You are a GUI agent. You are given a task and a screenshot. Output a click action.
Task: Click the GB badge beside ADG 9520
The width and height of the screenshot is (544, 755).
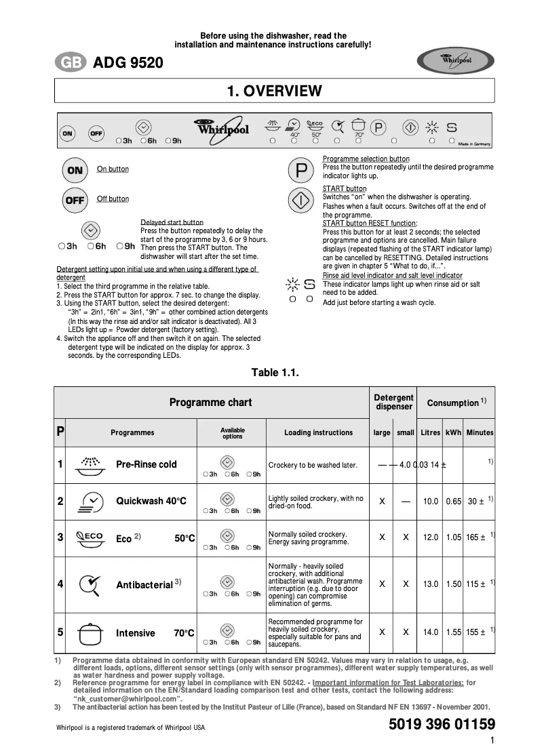click(70, 64)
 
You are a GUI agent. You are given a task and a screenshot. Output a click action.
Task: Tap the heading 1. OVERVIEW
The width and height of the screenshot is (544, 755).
click(274, 91)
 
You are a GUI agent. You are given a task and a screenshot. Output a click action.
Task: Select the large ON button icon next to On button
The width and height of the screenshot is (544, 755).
click(75, 170)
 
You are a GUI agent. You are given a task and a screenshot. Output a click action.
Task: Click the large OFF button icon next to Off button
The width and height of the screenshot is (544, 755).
click(75, 200)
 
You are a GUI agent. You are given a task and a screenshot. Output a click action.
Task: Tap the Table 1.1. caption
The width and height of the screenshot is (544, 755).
click(275, 372)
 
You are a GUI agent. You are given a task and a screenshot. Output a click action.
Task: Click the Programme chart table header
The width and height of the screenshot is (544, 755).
click(210, 403)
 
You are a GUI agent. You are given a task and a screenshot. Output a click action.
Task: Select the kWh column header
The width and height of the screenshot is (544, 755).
click(453, 432)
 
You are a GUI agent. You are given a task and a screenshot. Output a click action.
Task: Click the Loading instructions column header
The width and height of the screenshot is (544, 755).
click(318, 432)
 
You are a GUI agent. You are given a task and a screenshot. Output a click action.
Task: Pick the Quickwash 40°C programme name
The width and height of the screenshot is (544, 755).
click(151, 502)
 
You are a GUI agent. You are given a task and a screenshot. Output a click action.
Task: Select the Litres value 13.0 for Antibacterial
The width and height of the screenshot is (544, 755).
click(431, 584)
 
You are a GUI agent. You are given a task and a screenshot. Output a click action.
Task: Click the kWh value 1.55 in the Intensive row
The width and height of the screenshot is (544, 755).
click(454, 632)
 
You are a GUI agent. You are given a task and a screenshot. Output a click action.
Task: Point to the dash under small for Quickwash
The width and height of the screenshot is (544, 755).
click(406, 502)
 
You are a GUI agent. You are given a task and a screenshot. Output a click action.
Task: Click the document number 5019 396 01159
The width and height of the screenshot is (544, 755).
click(442, 725)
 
